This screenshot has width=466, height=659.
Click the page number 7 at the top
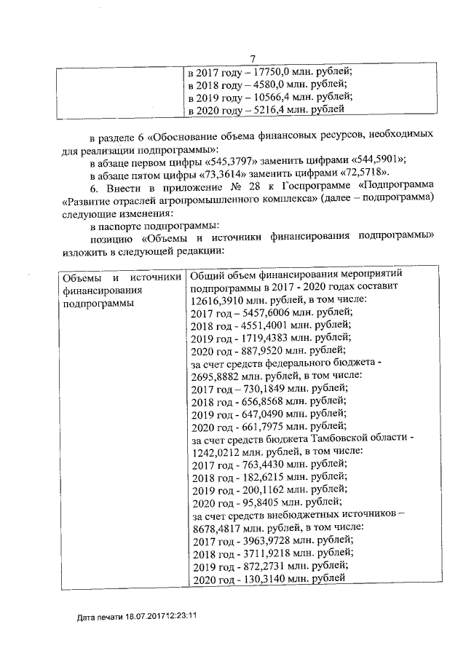pyautogui.click(x=253, y=58)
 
